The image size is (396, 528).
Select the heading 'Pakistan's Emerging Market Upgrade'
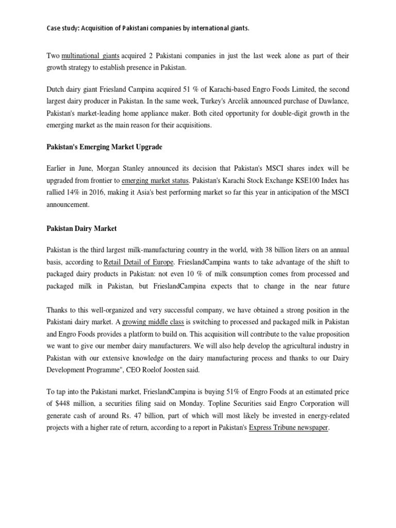pos(104,147)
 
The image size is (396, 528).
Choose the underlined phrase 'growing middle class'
pos(153,322)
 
